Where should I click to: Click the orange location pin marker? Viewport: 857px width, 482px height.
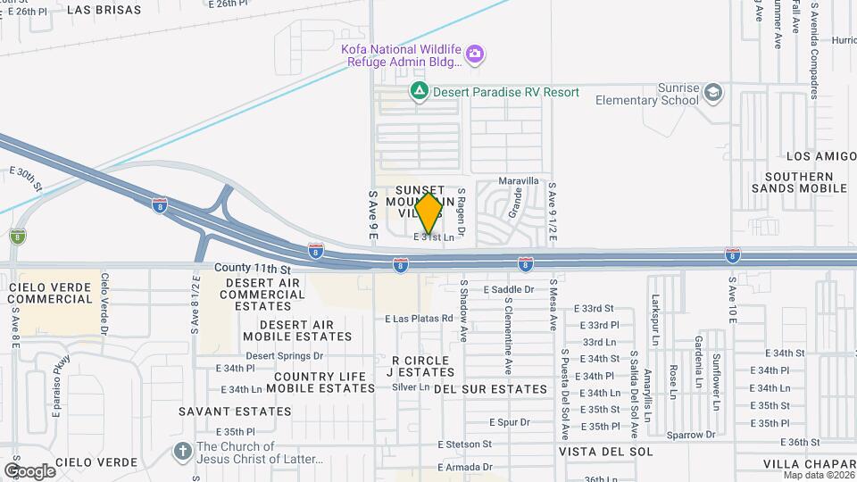point(428,212)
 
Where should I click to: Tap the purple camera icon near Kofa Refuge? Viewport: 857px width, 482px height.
point(476,54)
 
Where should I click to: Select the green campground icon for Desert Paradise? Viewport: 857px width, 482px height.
point(418,91)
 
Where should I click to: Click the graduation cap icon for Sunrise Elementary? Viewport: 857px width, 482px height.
point(712,93)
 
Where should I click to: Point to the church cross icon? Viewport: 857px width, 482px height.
point(183,451)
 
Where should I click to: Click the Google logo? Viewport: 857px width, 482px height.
point(29,470)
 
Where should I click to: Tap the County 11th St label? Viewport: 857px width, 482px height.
point(253,268)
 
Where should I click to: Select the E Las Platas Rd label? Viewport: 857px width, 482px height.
point(419,319)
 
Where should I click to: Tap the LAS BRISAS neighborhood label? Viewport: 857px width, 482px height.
point(104,10)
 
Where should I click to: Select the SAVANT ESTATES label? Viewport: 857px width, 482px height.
point(235,411)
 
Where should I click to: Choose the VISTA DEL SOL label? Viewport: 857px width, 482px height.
point(606,452)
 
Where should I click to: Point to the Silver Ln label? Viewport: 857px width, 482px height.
point(411,387)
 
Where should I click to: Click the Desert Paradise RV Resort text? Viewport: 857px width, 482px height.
point(506,92)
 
